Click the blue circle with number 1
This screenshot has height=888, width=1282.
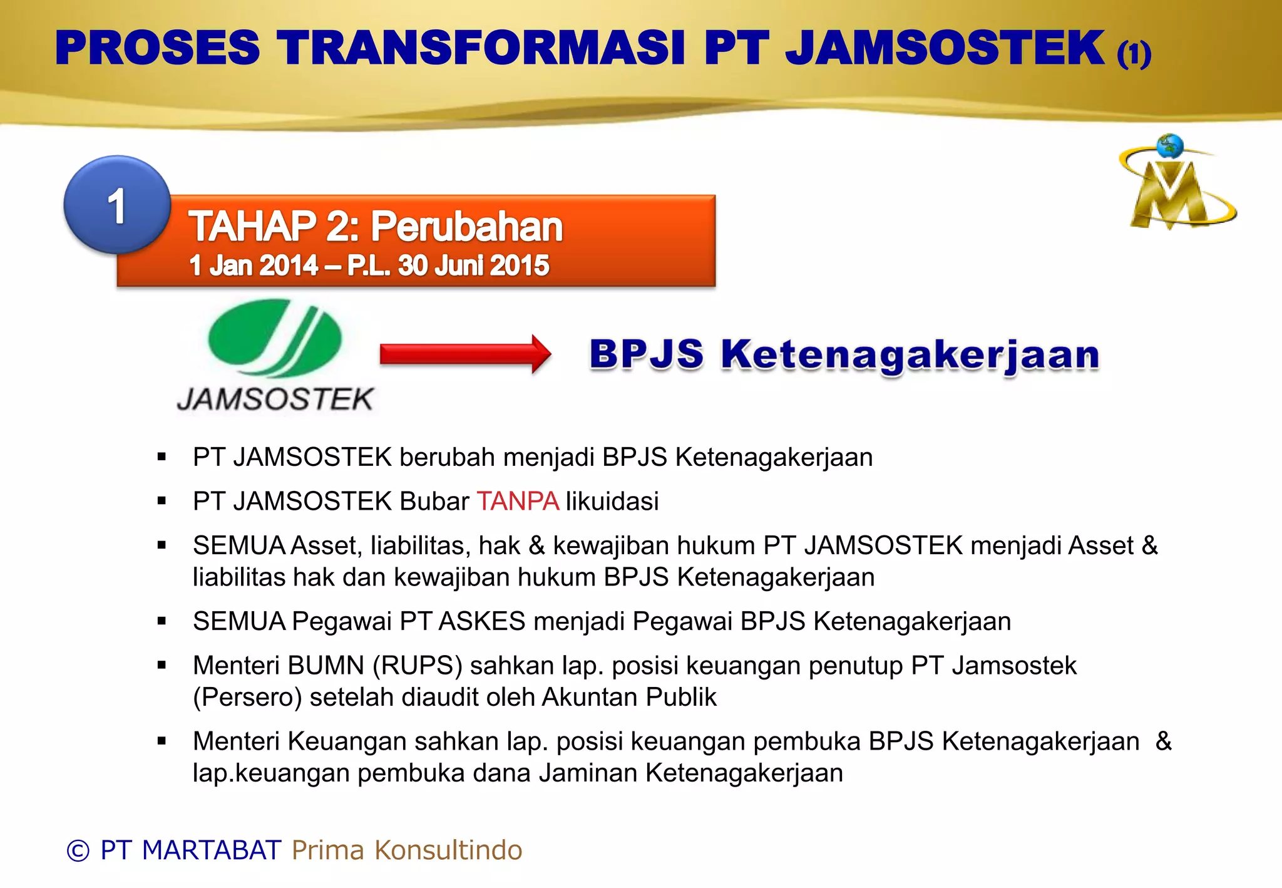point(117,205)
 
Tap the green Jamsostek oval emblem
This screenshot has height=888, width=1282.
point(275,338)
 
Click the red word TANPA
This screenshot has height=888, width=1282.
point(518,502)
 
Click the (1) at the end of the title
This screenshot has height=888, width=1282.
point(1134,54)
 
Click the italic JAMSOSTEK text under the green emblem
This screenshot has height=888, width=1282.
point(275,400)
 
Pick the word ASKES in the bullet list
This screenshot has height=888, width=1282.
point(482,621)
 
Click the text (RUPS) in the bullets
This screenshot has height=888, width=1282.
point(418,666)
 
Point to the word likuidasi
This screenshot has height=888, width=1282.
point(612,502)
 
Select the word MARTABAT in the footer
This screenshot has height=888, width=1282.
point(212,850)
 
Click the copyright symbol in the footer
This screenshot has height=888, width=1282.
point(78,850)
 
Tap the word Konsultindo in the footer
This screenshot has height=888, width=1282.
point(448,850)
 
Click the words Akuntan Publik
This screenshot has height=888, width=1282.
point(629,697)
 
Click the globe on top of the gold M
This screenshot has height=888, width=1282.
point(1169,146)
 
